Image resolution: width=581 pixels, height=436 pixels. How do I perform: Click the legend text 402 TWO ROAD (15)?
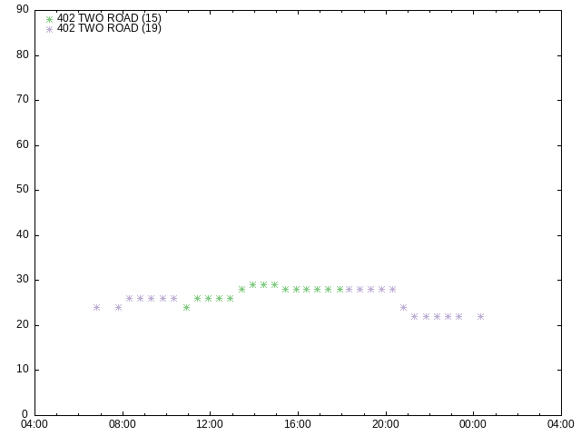[109, 18]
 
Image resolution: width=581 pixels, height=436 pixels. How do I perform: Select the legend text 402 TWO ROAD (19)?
[109, 28]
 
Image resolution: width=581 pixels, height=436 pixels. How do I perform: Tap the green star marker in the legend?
[49, 19]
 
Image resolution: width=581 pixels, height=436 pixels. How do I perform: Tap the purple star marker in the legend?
[49, 29]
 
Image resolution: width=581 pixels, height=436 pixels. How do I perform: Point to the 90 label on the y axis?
[23, 9]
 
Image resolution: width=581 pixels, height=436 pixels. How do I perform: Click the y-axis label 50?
[23, 189]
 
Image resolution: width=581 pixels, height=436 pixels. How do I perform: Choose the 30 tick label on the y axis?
[23, 279]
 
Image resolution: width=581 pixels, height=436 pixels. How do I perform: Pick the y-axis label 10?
[23, 369]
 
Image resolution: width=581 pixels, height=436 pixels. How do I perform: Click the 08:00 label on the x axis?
[123, 424]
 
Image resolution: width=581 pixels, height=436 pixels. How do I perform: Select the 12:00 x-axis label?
[210, 424]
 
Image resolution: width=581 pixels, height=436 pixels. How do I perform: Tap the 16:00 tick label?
[298, 424]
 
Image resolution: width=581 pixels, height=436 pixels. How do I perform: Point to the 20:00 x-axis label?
[386, 424]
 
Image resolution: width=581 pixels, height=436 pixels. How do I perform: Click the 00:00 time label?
[473, 424]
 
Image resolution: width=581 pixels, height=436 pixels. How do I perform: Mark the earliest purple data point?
[97, 307]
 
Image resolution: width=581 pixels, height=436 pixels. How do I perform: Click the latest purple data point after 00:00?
[480, 317]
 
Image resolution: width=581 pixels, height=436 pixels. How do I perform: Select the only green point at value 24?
[186, 307]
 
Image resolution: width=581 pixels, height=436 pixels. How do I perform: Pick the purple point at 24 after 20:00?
[403, 307]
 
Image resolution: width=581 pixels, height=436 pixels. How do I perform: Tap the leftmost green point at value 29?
[252, 284]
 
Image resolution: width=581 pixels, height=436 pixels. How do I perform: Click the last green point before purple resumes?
[340, 289]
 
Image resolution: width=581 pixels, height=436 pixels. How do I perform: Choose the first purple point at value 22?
[414, 317]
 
